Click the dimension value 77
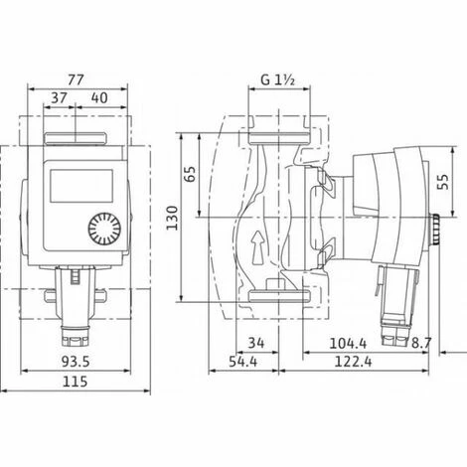coord(77,79)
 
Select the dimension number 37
coord(60,98)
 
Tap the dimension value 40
coord(99,98)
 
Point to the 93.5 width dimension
coord(76,362)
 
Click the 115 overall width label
coord(76,382)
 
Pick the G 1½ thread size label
coord(278,79)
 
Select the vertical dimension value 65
coord(190,174)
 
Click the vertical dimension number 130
coord(172,218)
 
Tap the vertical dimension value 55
coord(443,182)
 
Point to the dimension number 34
coord(256,343)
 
